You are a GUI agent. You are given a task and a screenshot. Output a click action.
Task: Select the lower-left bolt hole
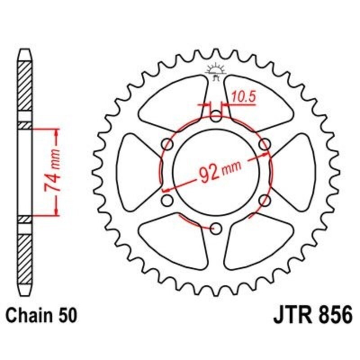coord(167,200)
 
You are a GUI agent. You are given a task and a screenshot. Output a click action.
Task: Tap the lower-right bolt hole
coord(265,200)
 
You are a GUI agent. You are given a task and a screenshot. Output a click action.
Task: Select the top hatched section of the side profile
coord(25,85)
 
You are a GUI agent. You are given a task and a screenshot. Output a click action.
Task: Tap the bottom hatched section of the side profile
coord(25,256)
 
